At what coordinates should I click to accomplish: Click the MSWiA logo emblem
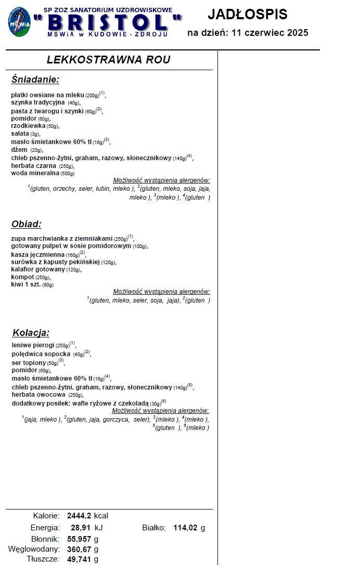[x=19, y=22]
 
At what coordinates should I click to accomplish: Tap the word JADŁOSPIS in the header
[x=247, y=14]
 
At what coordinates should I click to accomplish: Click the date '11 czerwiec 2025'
[x=271, y=33]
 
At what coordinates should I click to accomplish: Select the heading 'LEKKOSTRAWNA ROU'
[x=108, y=60]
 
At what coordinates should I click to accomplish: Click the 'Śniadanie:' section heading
[x=35, y=80]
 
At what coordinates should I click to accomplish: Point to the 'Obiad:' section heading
[x=26, y=224]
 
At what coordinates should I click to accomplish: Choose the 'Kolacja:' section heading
[x=31, y=333]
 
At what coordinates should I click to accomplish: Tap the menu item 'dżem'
[x=19, y=150]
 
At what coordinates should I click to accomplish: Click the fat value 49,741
[x=79, y=559]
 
